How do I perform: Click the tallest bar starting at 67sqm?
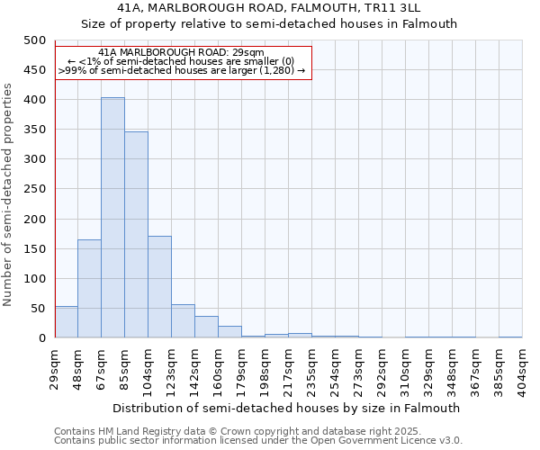(x=112, y=218)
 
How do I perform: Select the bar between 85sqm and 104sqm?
(x=136, y=235)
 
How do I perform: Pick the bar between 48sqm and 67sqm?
(x=89, y=289)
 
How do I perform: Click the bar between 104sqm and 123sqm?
(x=159, y=287)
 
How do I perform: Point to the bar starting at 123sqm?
(x=183, y=321)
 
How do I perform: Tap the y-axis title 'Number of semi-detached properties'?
(x=8, y=194)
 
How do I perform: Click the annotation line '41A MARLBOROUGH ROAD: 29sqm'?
(x=181, y=53)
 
